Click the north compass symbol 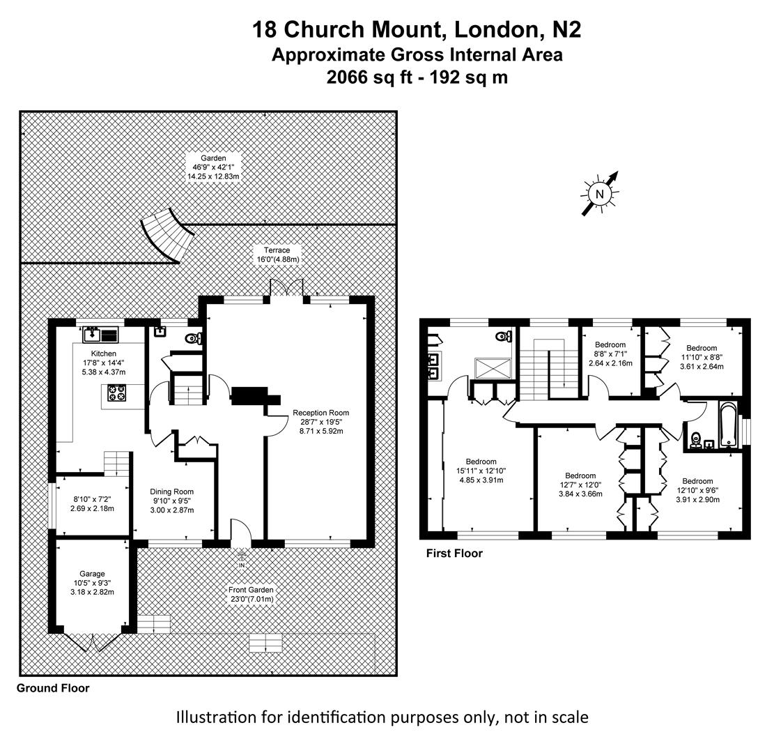[599, 194]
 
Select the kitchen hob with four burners [116, 395]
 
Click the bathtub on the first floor [727, 423]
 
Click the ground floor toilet [193, 339]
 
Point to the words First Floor [454, 554]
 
